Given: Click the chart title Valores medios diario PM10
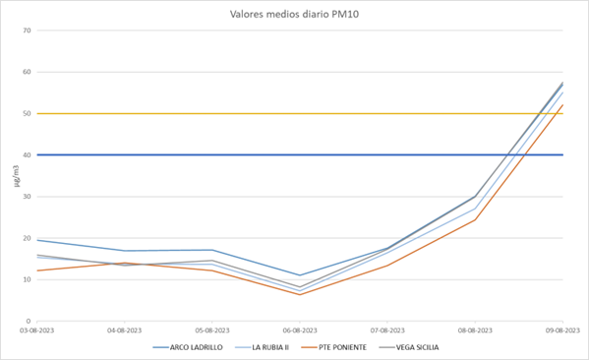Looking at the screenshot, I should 294,15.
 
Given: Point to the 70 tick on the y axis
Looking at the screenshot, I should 27,30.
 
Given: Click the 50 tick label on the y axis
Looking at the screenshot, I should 27,113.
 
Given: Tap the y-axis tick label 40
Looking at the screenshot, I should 27,154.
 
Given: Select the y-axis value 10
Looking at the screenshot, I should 27,279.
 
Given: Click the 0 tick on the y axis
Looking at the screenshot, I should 29,321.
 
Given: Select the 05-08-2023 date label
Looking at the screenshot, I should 212,330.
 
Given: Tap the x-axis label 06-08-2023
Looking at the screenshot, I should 300,330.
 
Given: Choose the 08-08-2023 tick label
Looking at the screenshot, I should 474,330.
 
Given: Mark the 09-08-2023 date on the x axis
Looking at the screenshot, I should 561,330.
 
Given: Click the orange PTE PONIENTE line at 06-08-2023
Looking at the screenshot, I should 300,294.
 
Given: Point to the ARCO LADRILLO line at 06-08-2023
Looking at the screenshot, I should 300,275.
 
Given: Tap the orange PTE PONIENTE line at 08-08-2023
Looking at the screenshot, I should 474,219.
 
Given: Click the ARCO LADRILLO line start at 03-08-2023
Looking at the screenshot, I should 38,240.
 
